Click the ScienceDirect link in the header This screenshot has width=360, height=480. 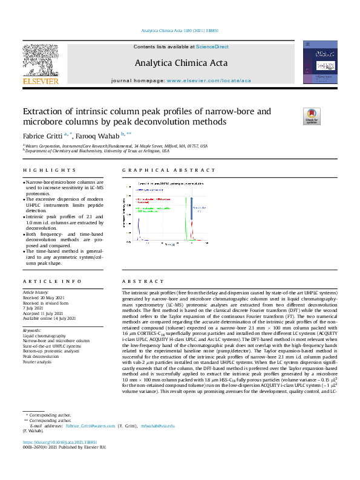pyautogui.click(x=212, y=47)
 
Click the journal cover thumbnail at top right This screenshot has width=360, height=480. pyautogui.click(x=319, y=63)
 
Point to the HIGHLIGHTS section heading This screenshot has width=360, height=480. pyautogui.click(x=50, y=170)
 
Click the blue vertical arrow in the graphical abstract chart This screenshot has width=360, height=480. pyautogui.click(x=192, y=212)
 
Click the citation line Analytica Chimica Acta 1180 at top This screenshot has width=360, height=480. pyautogui.click(x=179, y=30)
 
